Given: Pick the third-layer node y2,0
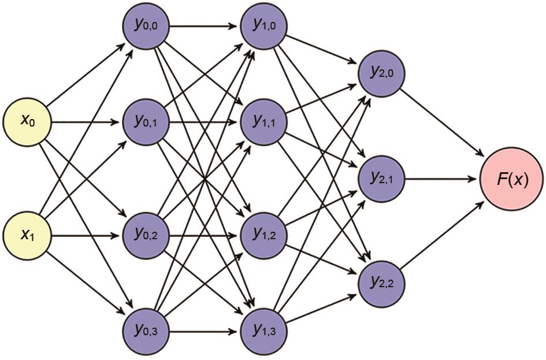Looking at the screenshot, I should [382, 73].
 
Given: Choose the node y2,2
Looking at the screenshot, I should [382, 284].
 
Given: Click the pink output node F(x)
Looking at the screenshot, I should [512, 179].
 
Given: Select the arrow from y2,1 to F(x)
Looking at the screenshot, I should [442, 179].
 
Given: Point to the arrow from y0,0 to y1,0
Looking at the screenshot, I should [205, 25].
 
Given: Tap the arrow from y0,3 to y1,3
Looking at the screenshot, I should [205, 332].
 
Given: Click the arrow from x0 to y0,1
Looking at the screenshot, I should [87, 123].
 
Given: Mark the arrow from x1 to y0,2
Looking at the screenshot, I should [87, 236].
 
